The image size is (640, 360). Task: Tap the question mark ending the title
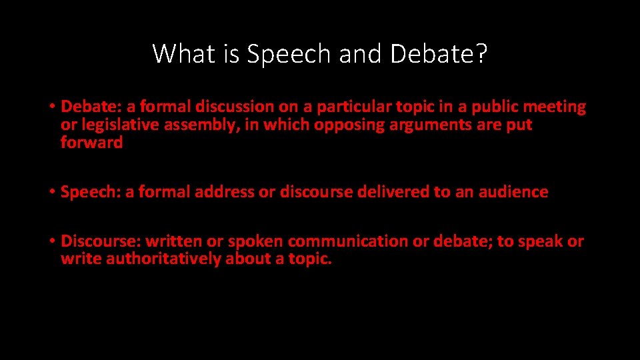[x=481, y=53]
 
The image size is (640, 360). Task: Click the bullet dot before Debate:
[x=51, y=107]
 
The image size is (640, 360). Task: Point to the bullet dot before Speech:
[x=51, y=193]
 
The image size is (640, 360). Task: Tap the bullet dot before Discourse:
[x=51, y=242]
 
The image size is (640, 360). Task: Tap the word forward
[x=92, y=142]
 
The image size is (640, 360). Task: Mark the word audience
[x=513, y=192]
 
